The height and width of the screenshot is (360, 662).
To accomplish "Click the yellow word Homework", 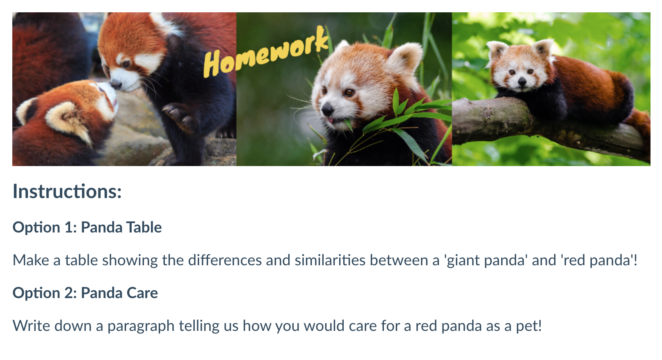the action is pyautogui.click(x=266, y=52).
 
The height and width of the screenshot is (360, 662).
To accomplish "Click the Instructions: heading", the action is pyautogui.click(x=67, y=191).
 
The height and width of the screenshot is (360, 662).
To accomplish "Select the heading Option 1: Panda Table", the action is pyautogui.click(x=87, y=228).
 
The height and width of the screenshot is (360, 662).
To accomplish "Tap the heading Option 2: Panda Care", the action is pyautogui.click(x=85, y=293).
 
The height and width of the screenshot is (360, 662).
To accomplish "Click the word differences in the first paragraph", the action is pyautogui.click(x=225, y=260).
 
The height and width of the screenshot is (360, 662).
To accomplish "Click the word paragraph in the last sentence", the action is pyautogui.click(x=141, y=326).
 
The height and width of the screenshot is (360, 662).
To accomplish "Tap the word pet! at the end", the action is pyautogui.click(x=529, y=326).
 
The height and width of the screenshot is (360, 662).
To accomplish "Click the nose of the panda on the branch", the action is pyautogui.click(x=522, y=81).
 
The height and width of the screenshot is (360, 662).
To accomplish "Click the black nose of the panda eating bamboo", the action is pyautogui.click(x=327, y=109).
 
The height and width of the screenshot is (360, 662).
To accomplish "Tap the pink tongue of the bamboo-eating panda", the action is pyautogui.click(x=330, y=120).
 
